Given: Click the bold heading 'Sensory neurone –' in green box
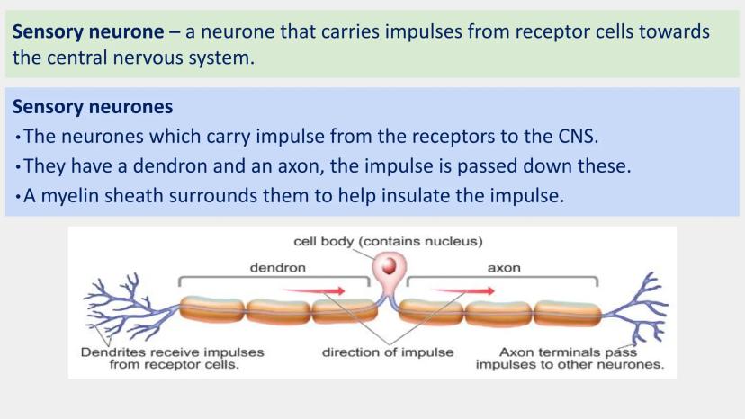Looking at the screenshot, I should click(96, 32).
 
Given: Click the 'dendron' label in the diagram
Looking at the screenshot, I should click(277, 267).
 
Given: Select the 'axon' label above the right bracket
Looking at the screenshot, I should click(504, 267).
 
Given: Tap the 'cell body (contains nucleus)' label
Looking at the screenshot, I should click(389, 241).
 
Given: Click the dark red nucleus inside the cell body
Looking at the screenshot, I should click(390, 267).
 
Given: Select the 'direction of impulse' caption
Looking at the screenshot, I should click(388, 352).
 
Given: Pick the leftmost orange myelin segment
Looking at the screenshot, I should click(211, 311).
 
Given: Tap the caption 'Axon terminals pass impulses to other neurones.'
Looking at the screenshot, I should click(570, 358).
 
